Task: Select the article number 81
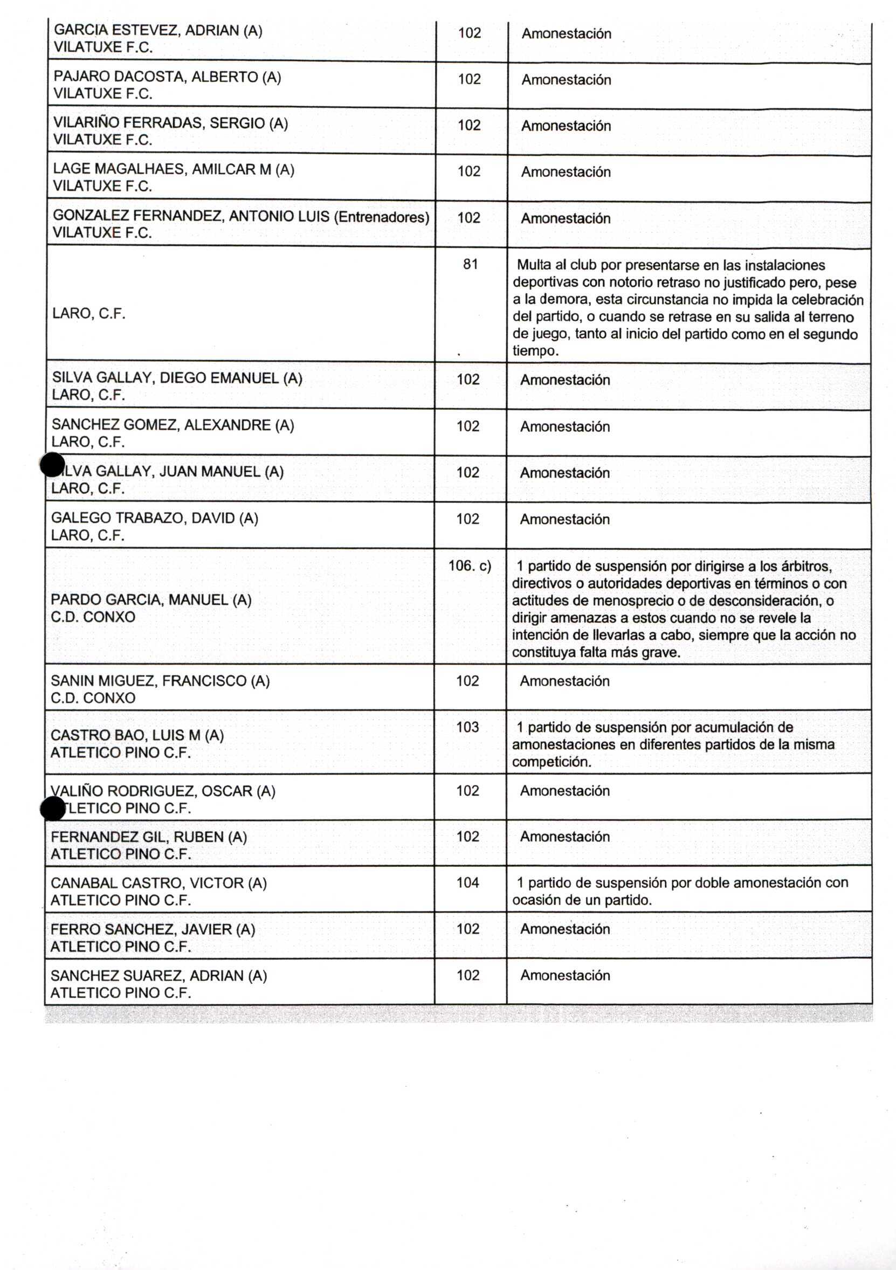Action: (470, 264)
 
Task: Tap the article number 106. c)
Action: (470, 566)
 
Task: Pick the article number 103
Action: (467, 727)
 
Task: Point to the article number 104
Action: (467, 883)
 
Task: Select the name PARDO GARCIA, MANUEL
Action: (151, 599)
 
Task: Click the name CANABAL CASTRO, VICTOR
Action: (158, 884)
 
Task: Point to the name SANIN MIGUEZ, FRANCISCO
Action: (160, 681)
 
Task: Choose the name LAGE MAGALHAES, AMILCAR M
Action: (173, 169)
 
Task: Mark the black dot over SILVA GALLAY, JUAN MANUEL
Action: (52, 465)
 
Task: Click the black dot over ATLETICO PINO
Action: (53, 809)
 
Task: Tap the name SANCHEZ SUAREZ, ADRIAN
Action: (158, 976)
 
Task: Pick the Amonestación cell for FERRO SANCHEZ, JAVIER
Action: (564, 929)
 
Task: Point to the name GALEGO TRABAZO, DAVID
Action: (154, 518)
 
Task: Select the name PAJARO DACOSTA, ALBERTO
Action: (167, 77)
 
